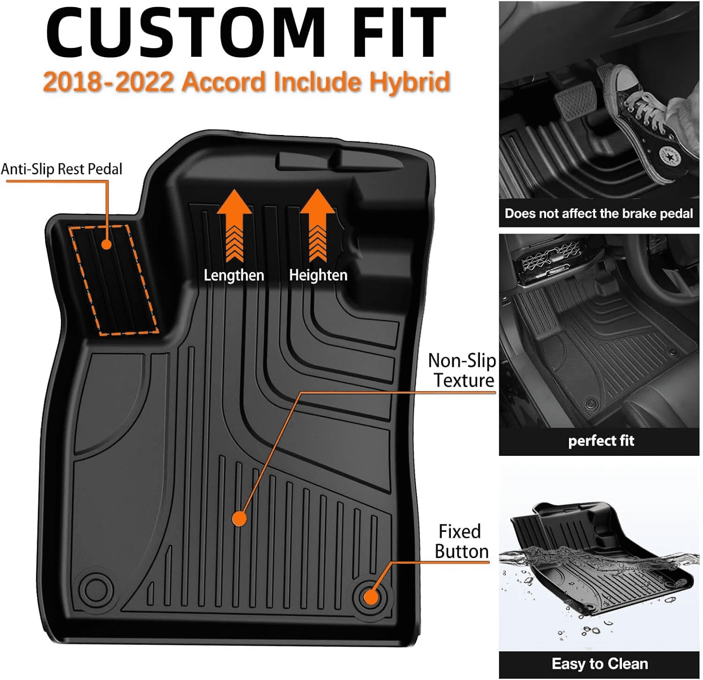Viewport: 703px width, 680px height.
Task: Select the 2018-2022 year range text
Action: click(x=108, y=82)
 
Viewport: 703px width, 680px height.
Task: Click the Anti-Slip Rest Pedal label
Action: click(x=61, y=169)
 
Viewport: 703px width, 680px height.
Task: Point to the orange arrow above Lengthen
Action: click(x=234, y=225)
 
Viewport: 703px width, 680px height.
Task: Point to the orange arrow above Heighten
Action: click(x=318, y=225)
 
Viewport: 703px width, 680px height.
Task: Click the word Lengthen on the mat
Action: click(x=234, y=275)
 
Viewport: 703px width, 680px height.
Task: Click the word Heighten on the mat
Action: click(x=318, y=275)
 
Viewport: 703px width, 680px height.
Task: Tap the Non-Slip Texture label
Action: click(x=463, y=370)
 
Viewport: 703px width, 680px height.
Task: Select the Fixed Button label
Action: click(x=461, y=542)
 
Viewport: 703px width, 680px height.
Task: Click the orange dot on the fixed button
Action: click(x=371, y=597)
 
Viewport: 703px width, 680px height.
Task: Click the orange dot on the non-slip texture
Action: click(x=239, y=519)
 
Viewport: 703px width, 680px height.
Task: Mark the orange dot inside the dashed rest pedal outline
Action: click(x=106, y=244)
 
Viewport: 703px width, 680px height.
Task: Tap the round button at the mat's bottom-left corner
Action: click(x=97, y=587)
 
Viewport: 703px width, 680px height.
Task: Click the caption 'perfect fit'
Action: click(x=601, y=441)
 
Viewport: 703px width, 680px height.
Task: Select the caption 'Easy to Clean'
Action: click(x=600, y=664)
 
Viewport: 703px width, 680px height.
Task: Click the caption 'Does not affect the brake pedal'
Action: click(x=598, y=214)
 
